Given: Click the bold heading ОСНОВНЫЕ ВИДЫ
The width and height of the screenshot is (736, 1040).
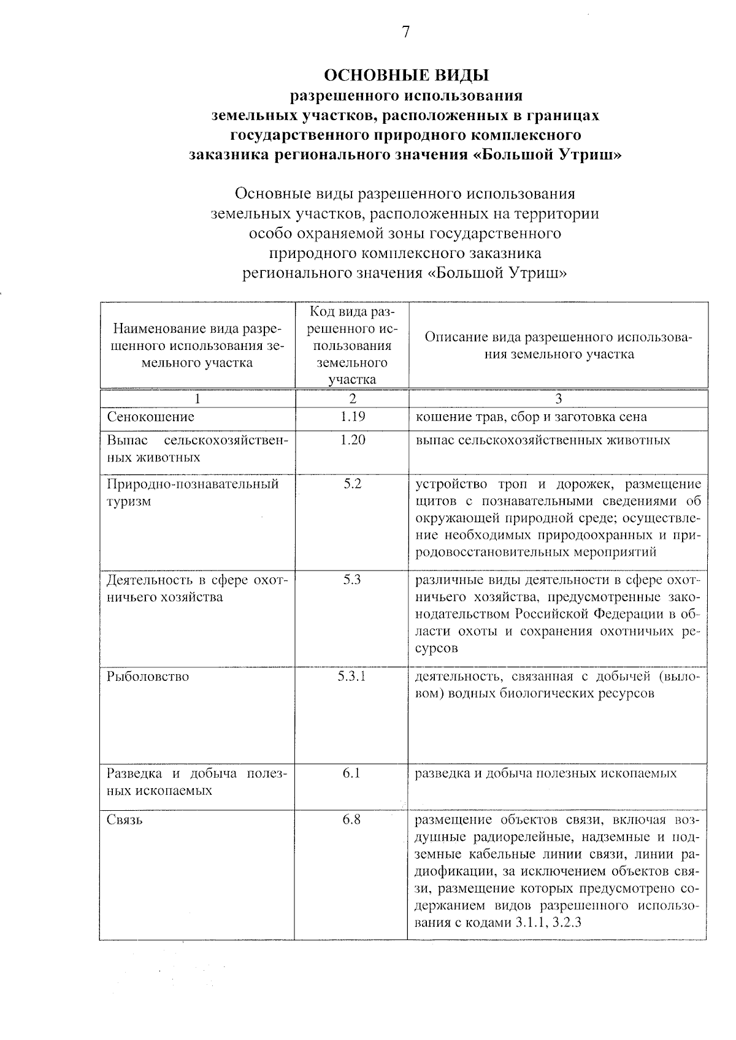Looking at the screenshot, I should (406, 76).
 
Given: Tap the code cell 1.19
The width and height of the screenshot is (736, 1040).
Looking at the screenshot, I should (353, 417).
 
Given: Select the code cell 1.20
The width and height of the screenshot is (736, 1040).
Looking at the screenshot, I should (353, 440).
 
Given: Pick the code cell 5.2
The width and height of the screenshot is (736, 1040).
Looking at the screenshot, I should (353, 484).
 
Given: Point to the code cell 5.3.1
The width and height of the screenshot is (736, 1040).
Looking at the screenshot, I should (352, 676).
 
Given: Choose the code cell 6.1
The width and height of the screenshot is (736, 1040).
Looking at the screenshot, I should (352, 773).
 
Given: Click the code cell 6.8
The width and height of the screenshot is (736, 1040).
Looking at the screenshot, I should (352, 819).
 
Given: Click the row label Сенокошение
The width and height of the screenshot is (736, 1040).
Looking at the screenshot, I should (150, 417).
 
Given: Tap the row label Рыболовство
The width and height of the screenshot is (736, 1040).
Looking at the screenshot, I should (148, 677).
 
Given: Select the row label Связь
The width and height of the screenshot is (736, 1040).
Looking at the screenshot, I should (125, 819).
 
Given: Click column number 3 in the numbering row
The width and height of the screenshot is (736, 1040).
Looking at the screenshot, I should (558, 398).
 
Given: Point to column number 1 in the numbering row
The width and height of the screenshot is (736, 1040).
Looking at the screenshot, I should (197, 398).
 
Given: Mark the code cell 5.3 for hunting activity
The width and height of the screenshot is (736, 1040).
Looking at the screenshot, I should (352, 579).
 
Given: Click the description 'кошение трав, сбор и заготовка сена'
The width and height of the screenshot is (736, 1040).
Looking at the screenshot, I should (531, 417).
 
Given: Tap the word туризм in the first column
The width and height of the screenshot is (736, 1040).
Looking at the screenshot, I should (129, 501).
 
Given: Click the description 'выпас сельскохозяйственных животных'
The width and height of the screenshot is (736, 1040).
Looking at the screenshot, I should (543, 440).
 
